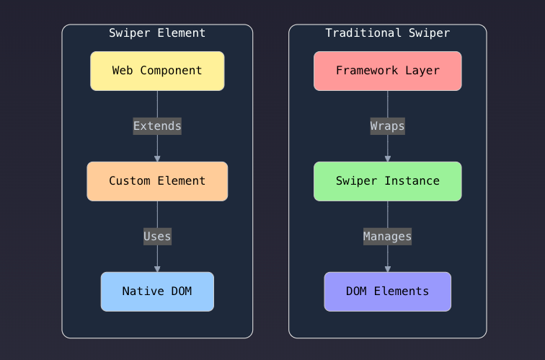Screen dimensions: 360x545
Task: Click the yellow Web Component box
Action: point(157,71)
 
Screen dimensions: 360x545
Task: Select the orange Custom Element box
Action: point(157,181)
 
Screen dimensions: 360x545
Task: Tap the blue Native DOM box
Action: point(157,291)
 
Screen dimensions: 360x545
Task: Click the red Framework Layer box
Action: point(387,71)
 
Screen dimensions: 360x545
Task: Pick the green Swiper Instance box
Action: point(387,181)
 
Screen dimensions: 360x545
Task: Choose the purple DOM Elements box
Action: point(387,291)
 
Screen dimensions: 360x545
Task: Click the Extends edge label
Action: point(157,126)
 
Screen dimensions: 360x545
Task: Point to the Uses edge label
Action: point(157,236)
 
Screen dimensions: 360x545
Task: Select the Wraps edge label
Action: point(387,126)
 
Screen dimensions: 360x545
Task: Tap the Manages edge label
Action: point(387,236)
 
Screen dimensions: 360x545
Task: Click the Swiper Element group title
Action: point(157,33)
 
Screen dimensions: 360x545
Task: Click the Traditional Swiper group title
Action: point(387,33)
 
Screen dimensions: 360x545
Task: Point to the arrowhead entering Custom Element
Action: point(157,159)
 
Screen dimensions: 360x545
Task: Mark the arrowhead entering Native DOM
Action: point(157,269)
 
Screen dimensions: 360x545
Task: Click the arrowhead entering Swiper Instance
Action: point(387,159)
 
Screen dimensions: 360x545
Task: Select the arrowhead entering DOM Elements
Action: point(387,269)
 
